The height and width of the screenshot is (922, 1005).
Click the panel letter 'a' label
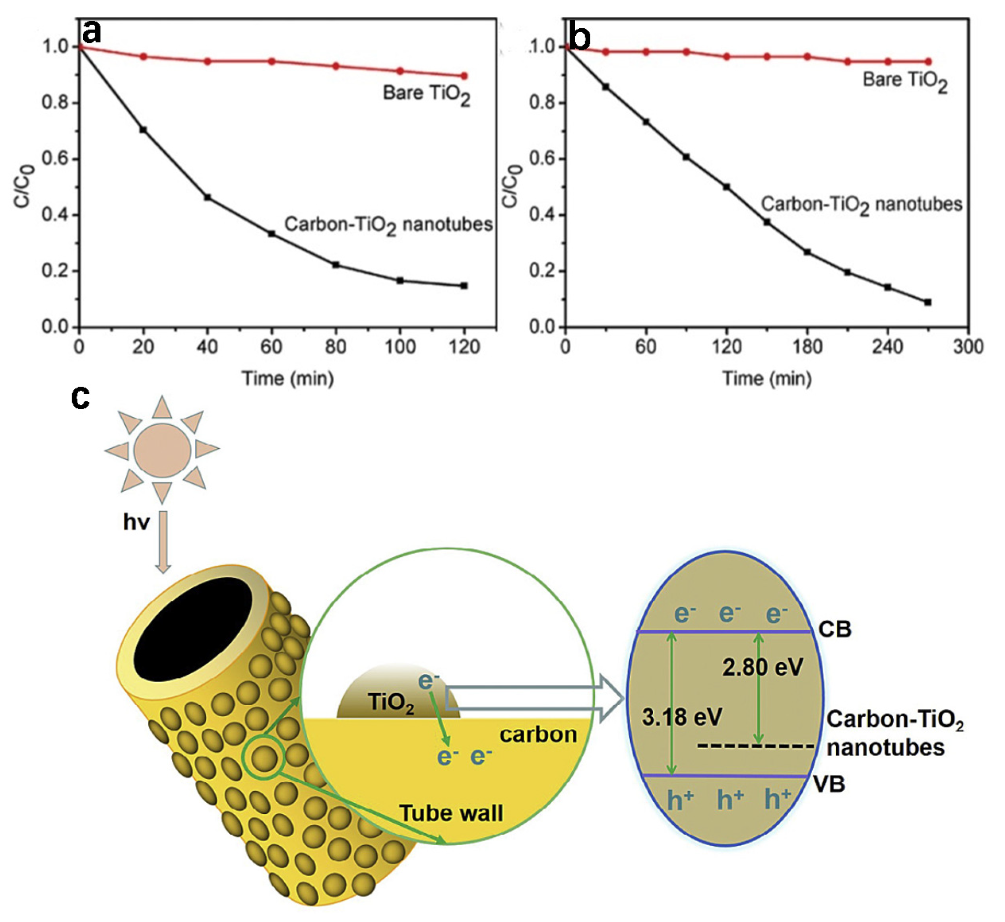pos(92,33)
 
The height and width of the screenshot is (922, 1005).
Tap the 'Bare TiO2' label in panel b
pos(905,82)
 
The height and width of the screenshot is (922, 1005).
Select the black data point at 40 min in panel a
pos(208,197)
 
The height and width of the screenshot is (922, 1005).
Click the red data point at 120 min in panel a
pos(464,76)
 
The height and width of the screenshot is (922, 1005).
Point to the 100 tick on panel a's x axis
pos(400,346)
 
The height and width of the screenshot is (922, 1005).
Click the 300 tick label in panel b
pos(968,346)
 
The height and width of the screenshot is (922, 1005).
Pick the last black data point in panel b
pos(928,302)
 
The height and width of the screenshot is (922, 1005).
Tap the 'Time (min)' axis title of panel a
pos(288,378)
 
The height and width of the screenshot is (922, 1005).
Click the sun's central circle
pos(162,450)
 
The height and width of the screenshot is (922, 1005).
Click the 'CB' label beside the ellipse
pos(835,629)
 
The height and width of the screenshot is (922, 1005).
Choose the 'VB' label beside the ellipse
pos(829,784)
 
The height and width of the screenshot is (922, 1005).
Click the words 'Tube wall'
pos(451,813)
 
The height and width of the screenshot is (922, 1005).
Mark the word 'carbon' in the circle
pos(538,734)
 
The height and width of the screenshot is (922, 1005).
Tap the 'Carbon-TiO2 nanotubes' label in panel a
pos(388,226)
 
